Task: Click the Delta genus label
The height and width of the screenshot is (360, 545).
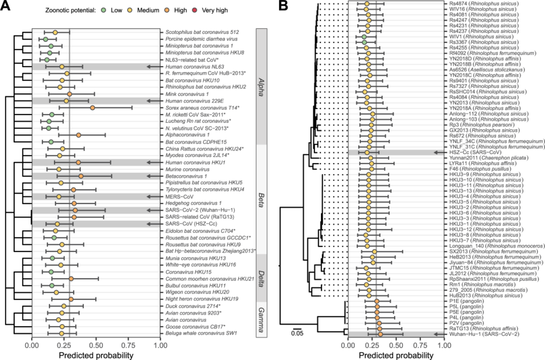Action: click(261, 276)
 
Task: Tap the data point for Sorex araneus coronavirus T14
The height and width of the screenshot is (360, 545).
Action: click(93, 108)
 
